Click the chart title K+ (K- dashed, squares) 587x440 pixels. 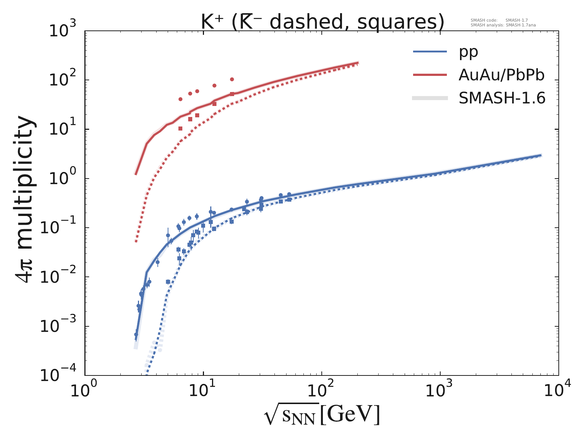322,22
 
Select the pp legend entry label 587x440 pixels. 468,52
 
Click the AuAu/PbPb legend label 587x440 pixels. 501,75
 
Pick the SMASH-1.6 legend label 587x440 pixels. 502,98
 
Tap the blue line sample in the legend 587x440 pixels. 430,52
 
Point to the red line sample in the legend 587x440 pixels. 430,75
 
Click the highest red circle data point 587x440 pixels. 232,79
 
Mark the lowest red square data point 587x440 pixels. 180,128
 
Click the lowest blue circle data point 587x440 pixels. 136,334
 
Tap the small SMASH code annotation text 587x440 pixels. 499,21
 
